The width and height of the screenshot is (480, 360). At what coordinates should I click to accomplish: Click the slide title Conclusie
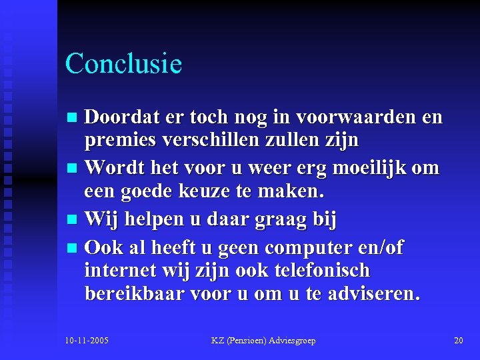pos(123,64)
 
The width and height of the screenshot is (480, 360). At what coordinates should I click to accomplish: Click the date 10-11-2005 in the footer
pos(87,341)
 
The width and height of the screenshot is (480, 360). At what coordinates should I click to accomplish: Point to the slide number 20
pos(458,341)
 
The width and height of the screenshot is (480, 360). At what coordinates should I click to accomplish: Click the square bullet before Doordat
pos(74,118)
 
